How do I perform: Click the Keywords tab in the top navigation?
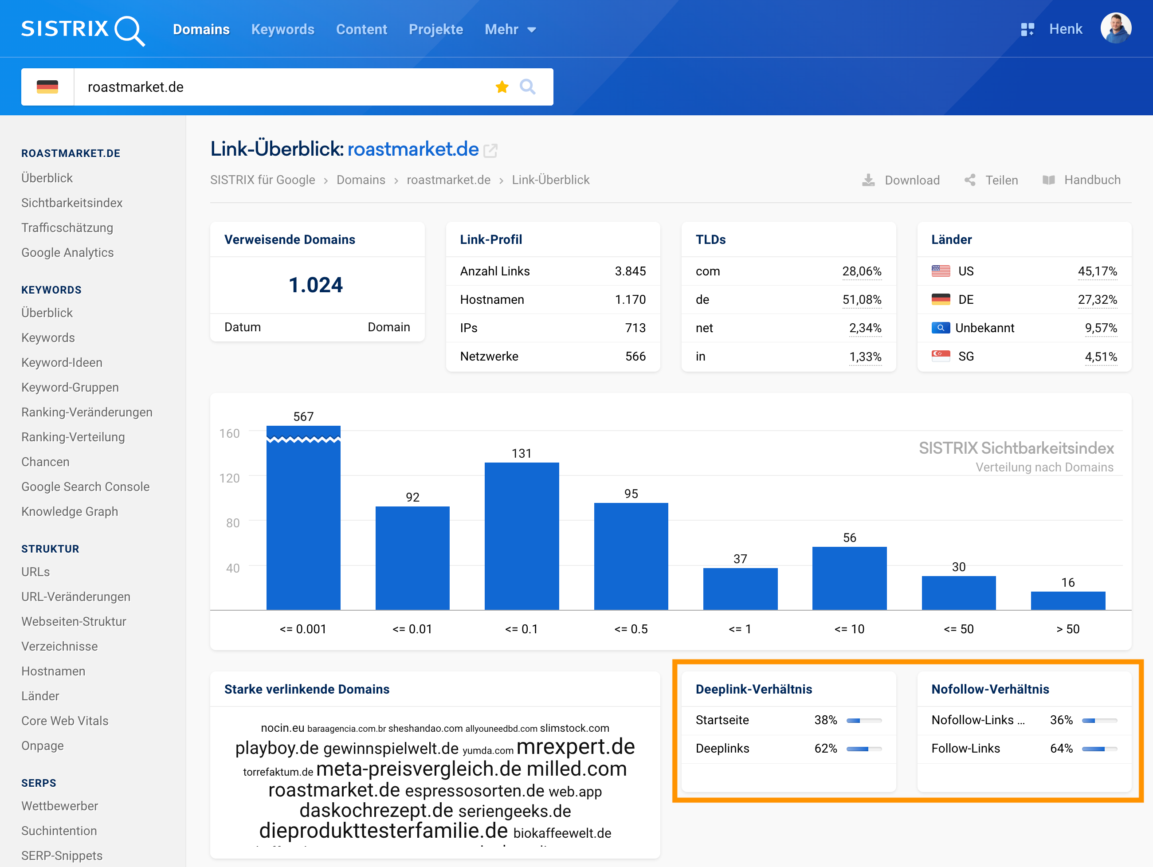point(282,29)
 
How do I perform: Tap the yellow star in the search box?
point(502,86)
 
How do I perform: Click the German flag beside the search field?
point(47,86)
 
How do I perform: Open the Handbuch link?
point(1082,180)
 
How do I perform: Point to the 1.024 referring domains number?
point(316,285)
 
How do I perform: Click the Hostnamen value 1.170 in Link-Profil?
point(630,299)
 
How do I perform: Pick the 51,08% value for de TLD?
point(861,299)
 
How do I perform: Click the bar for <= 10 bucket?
point(849,578)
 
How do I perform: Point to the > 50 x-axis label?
point(1067,629)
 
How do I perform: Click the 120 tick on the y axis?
point(229,478)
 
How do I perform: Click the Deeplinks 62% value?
point(825,748)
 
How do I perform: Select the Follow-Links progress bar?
point(1099,749)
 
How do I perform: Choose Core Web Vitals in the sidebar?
point(65,721)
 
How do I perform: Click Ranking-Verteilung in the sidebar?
point(73,437)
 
